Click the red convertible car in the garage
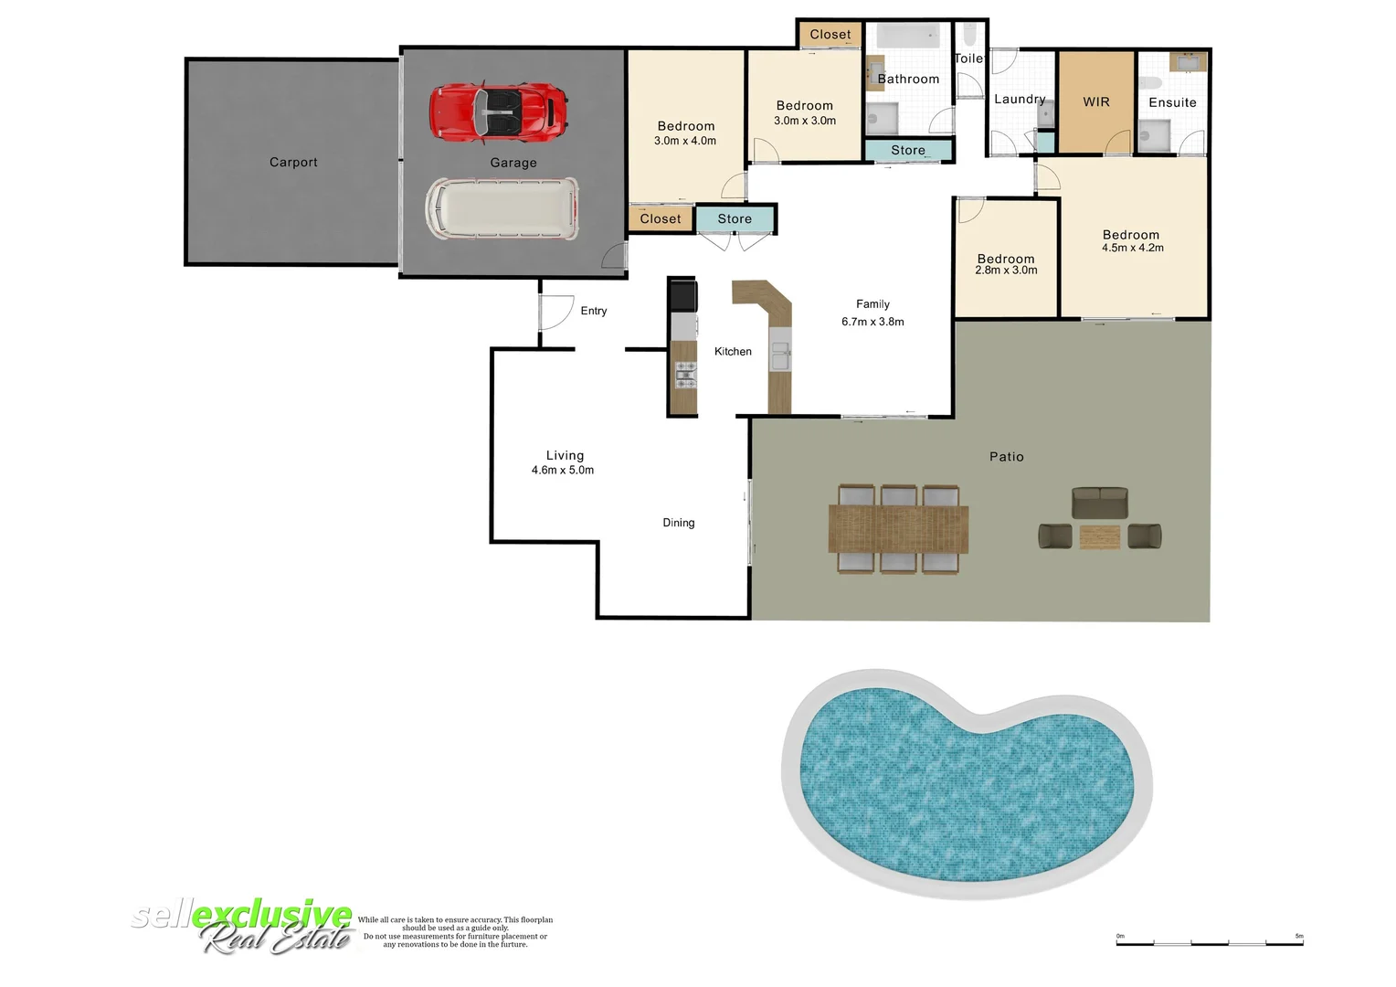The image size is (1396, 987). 498,111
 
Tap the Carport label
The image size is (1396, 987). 293,163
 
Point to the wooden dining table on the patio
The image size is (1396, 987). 898,529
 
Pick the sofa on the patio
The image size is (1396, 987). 1099,503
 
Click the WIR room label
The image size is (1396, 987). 1096,102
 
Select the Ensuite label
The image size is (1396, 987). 1172,102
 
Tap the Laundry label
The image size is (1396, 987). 1020,100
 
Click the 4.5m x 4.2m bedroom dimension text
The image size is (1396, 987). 1132,248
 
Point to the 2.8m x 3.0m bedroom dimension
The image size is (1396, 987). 1006,271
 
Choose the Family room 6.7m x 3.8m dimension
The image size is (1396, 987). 872,322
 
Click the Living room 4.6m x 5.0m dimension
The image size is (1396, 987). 563,471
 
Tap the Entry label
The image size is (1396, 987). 594,311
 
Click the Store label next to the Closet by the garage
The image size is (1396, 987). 735,219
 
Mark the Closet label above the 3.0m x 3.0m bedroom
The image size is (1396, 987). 830,35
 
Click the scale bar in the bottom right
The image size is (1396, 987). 1210,941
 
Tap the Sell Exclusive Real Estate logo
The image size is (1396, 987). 243,926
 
